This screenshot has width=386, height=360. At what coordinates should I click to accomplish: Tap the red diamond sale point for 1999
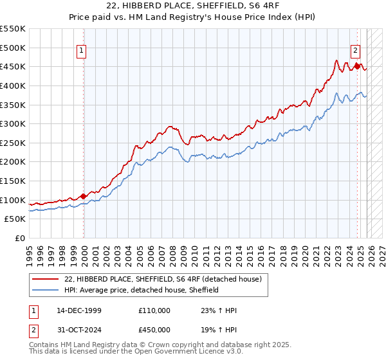[84, 196]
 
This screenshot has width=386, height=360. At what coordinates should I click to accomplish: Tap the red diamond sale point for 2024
[358, 66]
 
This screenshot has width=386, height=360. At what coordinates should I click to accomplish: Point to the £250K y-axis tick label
[14, 143]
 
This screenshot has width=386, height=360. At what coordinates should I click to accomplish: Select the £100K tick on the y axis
[14, 200]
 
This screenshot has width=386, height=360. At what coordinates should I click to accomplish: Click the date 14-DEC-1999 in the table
[78, 310]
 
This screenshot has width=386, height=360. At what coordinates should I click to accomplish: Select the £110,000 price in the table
[154, 310]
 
